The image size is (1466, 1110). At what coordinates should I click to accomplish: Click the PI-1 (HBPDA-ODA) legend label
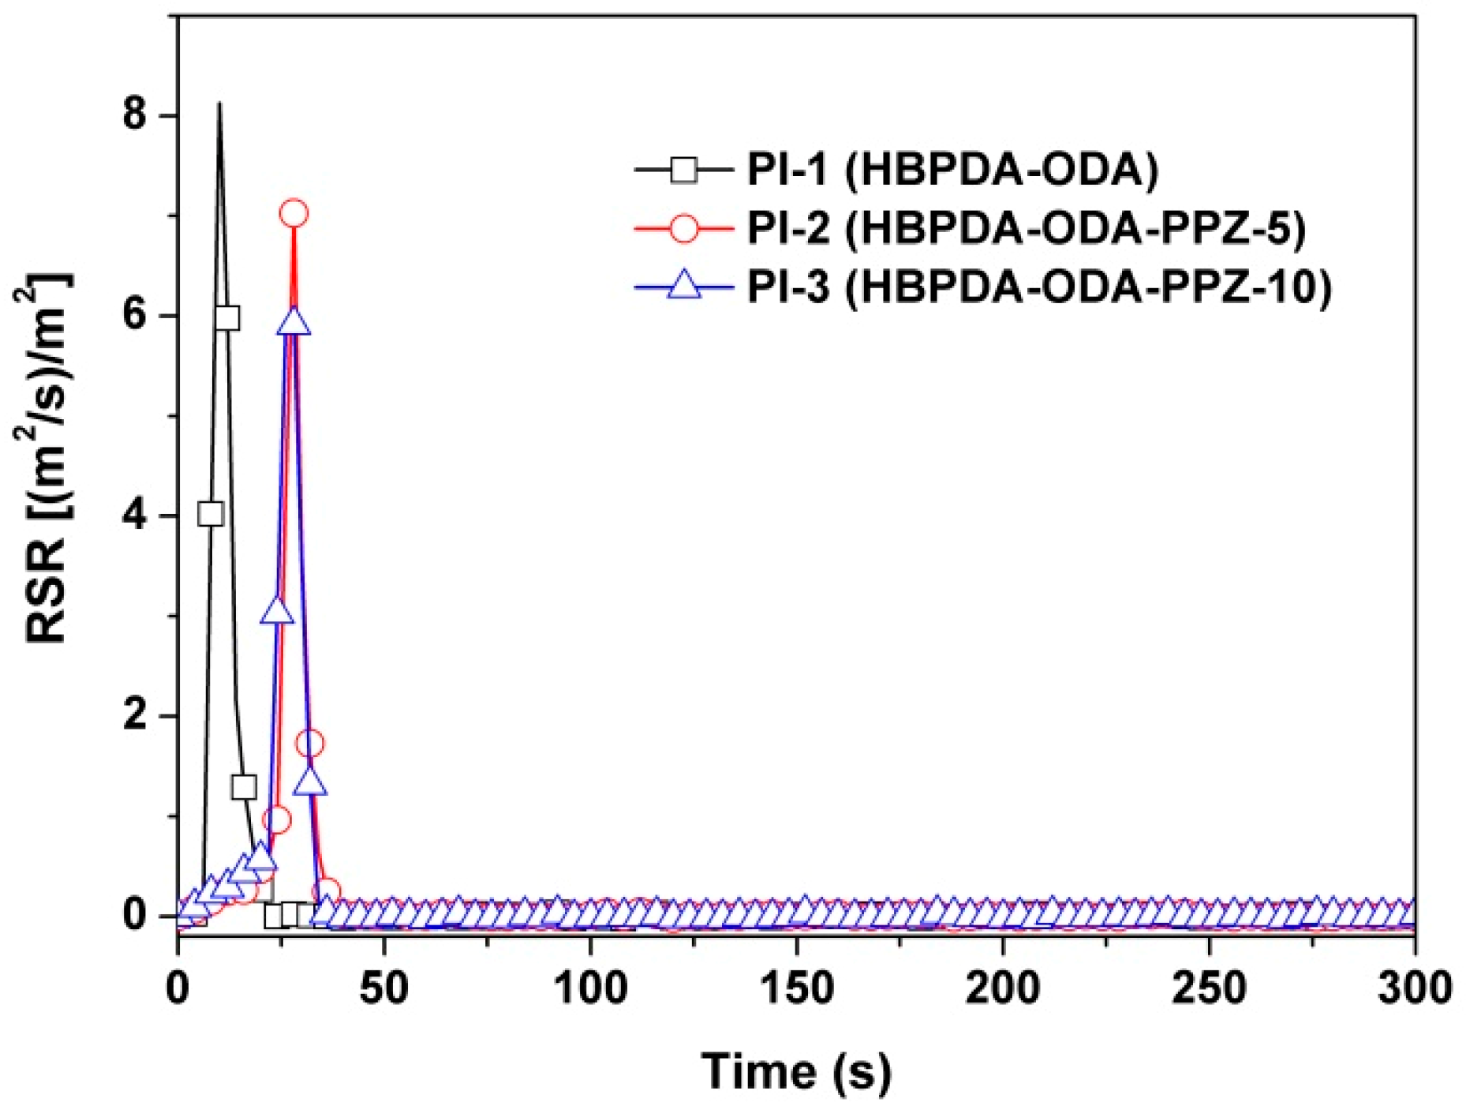point(952,169)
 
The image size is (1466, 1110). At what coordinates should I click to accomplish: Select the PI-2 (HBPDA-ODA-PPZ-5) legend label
point(1027,228)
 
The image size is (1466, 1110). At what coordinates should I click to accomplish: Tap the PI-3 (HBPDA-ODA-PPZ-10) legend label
point(1039,286)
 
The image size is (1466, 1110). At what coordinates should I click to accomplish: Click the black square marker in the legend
point(684,169)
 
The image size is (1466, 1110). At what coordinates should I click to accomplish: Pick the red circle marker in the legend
point(684,228)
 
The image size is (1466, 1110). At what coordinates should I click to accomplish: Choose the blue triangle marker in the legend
point(684,285)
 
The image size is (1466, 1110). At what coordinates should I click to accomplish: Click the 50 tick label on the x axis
point(384,988)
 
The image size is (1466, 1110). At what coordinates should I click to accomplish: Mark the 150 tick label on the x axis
point(797,988)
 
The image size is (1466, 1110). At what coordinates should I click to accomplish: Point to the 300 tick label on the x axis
point(1415,988)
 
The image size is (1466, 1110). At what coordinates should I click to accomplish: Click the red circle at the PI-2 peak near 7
point(294,213)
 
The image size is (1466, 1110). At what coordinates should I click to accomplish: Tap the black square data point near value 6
point(227,318)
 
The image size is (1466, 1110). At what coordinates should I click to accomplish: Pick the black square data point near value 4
point(211,515)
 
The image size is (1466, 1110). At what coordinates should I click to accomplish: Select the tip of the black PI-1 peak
point(219,103)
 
